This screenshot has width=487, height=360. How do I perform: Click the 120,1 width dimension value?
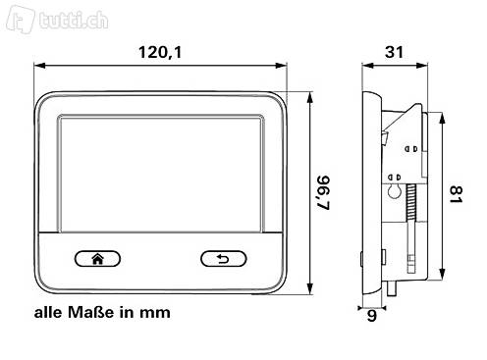[160, 52]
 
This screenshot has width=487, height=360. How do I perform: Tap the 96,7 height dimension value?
[324, 192]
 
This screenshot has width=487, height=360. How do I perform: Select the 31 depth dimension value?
[394, 52]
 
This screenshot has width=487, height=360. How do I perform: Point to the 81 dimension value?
[456, 194]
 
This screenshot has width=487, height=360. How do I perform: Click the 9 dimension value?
[371, 316]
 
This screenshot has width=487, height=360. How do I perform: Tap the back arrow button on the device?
[224, 259]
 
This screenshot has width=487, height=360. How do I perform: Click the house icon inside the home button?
[97, 259]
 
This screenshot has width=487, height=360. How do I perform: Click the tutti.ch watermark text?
[74, 21]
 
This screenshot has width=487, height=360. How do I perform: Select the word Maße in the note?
[91, 312]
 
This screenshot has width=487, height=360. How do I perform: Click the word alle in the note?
[48, 312]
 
